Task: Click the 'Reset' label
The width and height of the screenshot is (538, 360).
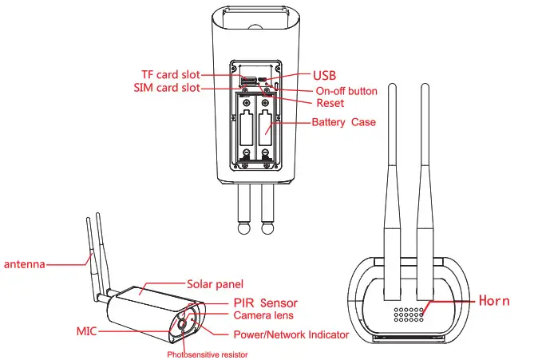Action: point(330,104)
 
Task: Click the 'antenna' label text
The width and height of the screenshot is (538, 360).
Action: point(24,263)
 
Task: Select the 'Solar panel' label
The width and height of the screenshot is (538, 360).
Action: point(215,283)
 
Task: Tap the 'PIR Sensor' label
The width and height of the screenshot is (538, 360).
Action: point(266,303)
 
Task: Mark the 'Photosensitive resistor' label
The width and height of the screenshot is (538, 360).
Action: point(208,354)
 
